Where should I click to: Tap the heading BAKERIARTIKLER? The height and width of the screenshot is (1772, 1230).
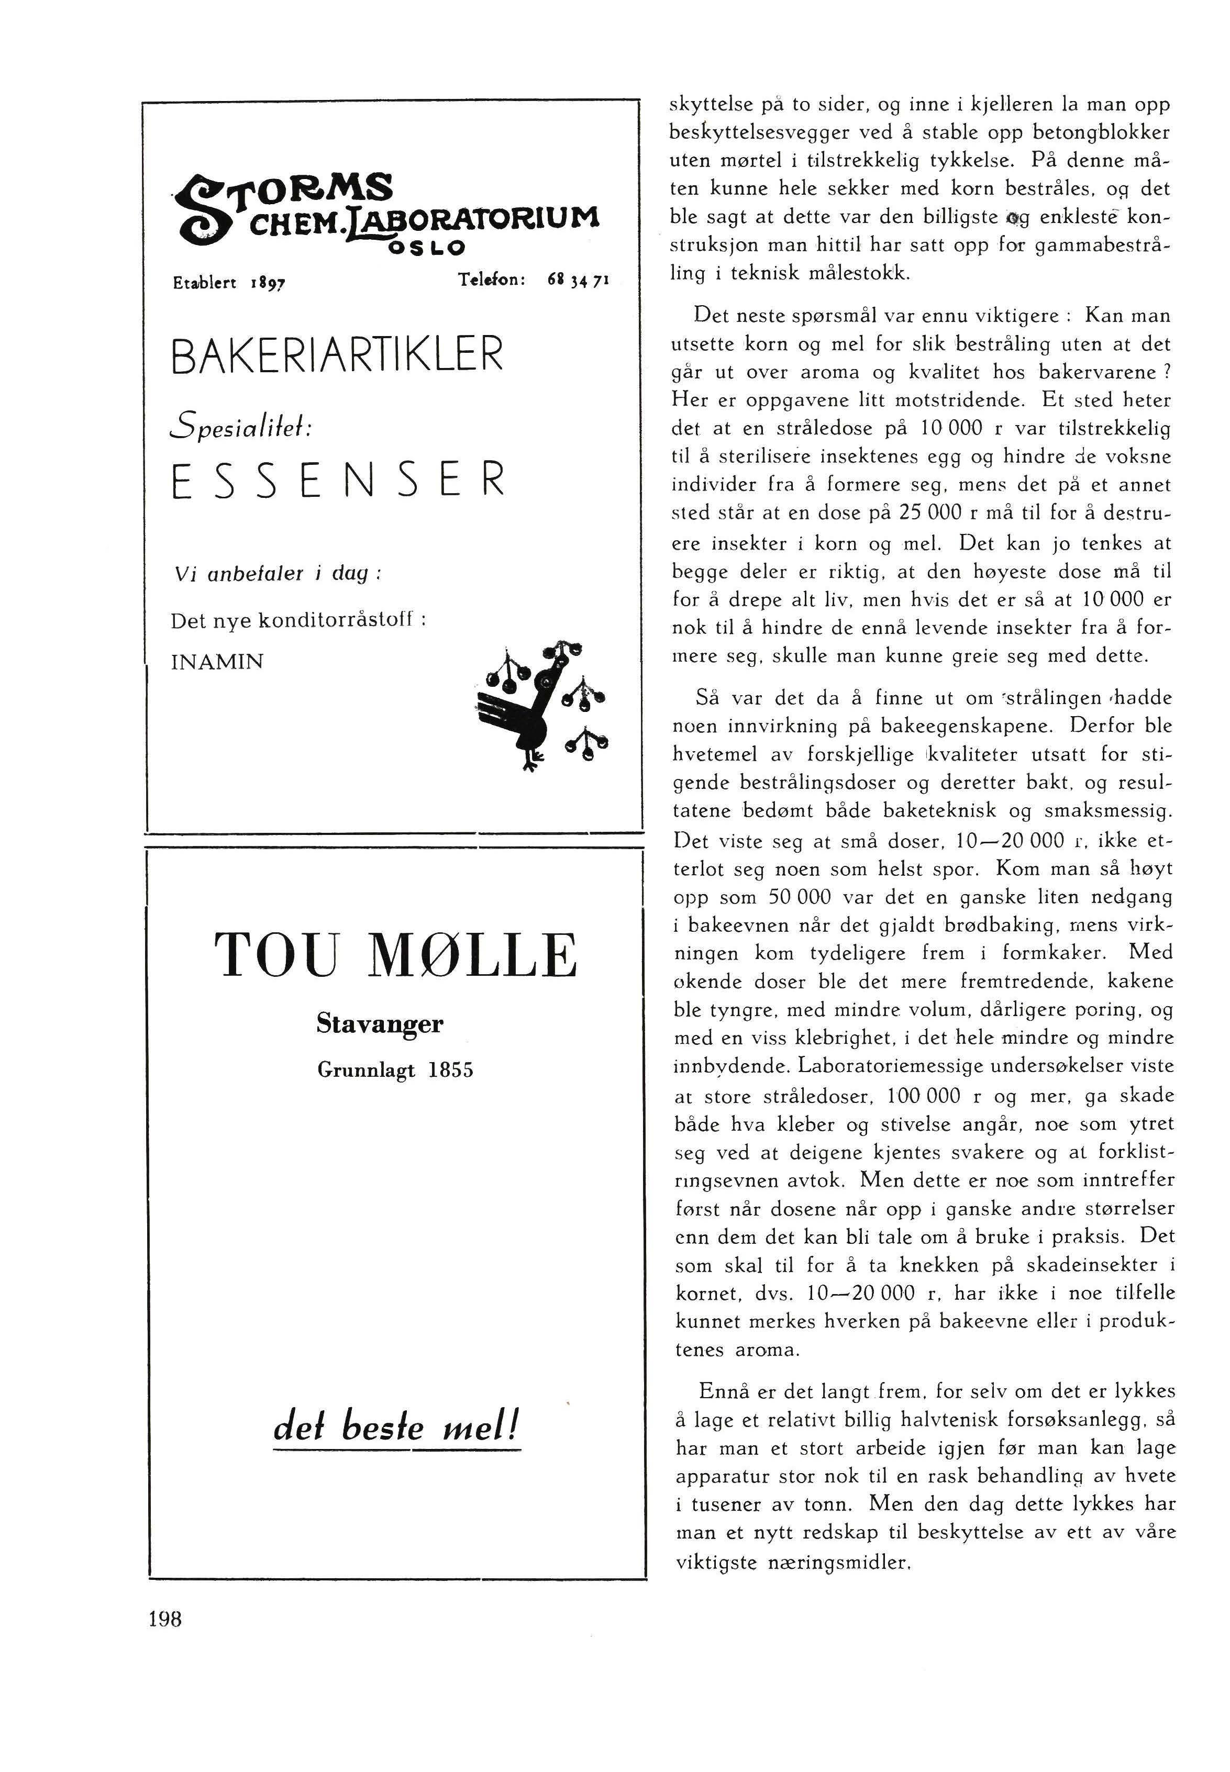337,354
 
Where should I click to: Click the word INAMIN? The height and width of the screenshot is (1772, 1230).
217,662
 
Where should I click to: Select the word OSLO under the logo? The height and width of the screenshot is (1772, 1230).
428,248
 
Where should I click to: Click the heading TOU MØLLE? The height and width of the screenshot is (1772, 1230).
395,955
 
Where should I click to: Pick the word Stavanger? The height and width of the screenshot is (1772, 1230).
380,1024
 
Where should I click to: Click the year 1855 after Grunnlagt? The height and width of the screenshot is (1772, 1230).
451,1070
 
